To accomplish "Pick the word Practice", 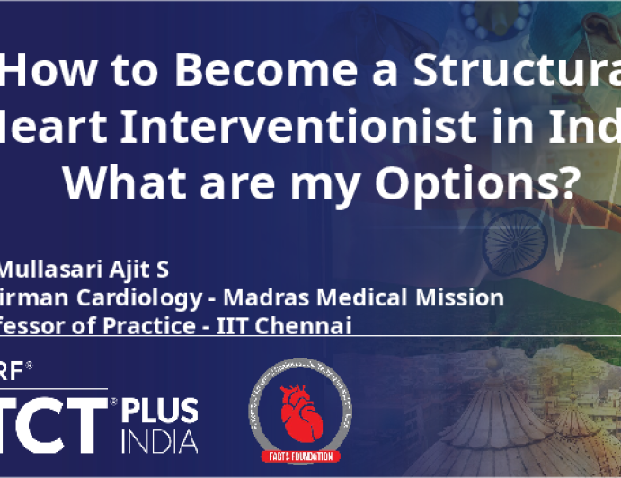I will coord(146,325).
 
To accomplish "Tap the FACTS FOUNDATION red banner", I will coord(300,456).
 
